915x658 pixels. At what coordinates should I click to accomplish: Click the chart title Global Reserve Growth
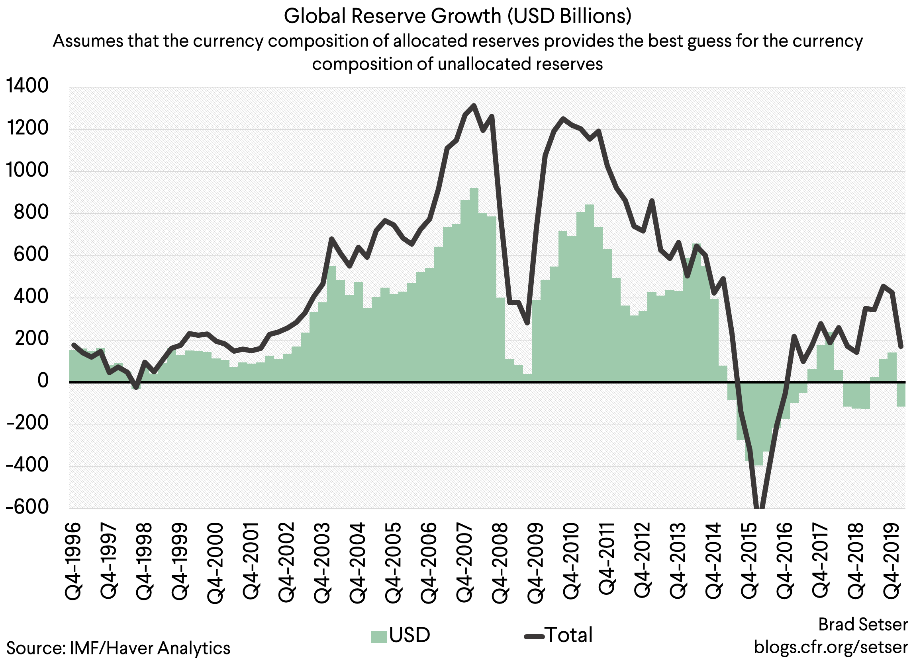[457, 16]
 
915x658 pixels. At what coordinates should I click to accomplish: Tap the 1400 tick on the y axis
[27, 86]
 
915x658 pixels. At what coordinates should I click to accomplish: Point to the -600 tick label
[27, 506]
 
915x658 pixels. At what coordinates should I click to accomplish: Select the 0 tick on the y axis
[42, 380]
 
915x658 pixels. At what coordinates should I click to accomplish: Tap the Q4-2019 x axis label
[892, 561]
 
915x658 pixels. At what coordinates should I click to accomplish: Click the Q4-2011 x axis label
[606, 559]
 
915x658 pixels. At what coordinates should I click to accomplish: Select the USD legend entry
[409, 635]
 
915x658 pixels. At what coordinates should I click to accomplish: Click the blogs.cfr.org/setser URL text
[831, 647]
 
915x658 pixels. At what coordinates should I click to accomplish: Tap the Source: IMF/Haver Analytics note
[118, 648]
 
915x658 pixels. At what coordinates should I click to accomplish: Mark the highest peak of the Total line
[474, 105]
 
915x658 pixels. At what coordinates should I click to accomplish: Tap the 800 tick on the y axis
[31, 212]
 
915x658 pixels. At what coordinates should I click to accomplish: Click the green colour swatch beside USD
[379, 636]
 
